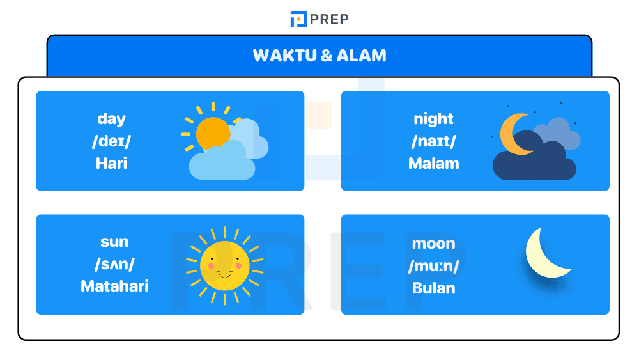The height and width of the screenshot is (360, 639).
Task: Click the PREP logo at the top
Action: tap(319, 19)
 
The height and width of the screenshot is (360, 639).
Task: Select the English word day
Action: tap(111, 119)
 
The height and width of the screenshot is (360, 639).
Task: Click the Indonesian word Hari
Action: tap(111, 163)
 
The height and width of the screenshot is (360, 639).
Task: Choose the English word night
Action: tap(433, 119)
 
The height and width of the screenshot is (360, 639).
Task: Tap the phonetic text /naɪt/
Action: tap(433, 141)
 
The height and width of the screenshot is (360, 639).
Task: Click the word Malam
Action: tap(433, 163)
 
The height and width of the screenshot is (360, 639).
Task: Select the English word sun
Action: tap(114, 242)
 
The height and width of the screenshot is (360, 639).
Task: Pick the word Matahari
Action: tap(114, 286)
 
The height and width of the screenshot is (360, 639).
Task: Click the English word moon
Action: tap(433, 244)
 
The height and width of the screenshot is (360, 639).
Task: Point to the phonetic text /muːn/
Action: tap(433, 265)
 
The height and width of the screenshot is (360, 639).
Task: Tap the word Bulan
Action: tap(433, 288)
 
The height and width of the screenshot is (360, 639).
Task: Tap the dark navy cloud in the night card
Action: tap(534, 163)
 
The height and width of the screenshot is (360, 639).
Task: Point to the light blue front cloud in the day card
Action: tap(220, 164)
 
